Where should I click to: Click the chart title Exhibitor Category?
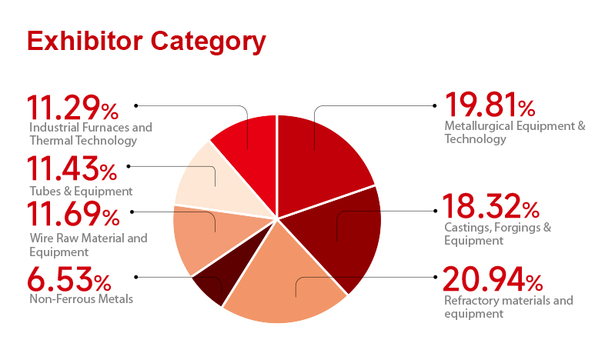tap(146, 42)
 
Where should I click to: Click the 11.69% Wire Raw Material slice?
tap(209, 235)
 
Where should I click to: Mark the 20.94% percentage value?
tap(493, 279)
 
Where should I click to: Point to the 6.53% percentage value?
tap(69, 279)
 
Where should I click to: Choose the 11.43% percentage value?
tap(72, 168)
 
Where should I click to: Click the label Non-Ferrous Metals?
tap(82, 299)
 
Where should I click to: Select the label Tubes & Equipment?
tap(81, 192)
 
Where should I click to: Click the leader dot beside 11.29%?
tap(135, 105)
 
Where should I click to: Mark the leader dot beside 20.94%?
tap(435, 277)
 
